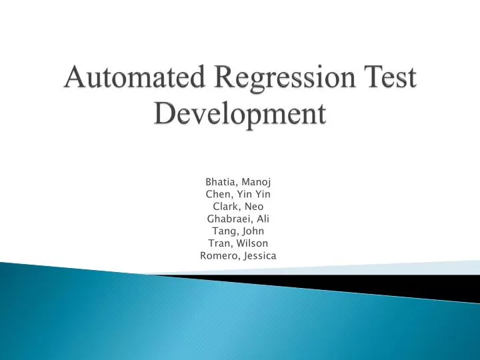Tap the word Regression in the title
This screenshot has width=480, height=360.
pos(262,81)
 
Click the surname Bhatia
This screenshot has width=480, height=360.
pos(221,181)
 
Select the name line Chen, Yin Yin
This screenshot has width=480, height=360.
pos(238,194)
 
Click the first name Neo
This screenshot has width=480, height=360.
pos(255,206)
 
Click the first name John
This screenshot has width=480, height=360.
pos(253,231)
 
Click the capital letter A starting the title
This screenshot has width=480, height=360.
pos(73,81)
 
